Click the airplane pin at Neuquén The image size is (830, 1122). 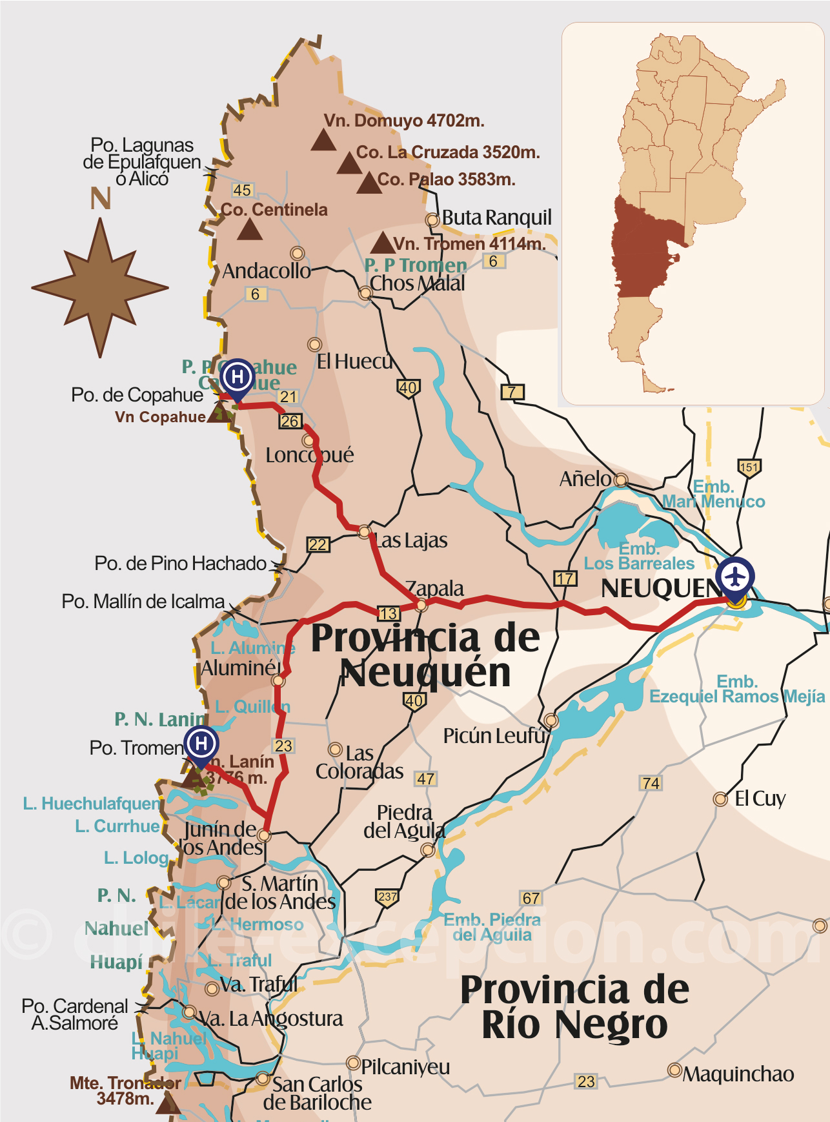[736, 575]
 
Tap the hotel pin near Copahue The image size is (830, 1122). [237, 377]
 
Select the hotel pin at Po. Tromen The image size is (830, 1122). [201, 744]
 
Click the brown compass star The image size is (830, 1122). [100, 287]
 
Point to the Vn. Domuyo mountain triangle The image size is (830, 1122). [323, 140]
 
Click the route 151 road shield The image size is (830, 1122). [749, 467]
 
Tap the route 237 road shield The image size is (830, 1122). [387, 897]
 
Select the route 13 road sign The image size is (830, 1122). [388, 613]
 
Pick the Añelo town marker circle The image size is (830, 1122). [621, 480]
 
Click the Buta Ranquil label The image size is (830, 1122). [497, 218]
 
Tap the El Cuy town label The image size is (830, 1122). [760, 799]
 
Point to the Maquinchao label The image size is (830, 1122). [738, 1074]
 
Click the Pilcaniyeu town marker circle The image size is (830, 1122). [353, 1062]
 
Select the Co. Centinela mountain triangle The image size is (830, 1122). [249, 230]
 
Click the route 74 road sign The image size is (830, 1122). [651, 783]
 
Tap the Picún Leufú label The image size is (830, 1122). [494, 735]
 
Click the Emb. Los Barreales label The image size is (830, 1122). [639, 556]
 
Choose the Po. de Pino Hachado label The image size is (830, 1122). [180, 563]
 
